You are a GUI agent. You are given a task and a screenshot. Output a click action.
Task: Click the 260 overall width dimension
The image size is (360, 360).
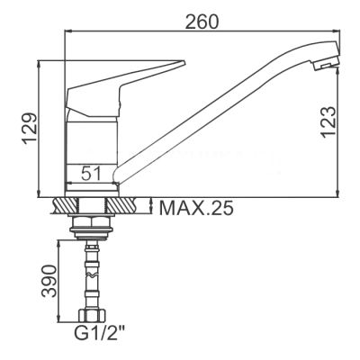coord(202,22)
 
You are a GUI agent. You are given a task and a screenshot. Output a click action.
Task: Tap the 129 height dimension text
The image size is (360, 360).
coord(31,129)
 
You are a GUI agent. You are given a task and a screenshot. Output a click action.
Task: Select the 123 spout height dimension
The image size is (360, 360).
coord(328,122)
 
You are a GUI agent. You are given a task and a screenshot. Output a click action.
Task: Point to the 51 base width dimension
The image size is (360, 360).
coord(91,173)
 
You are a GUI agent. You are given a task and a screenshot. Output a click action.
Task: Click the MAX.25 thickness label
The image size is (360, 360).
coord(196,208)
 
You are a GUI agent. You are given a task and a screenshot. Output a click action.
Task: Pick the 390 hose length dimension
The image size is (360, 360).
coord(49,281)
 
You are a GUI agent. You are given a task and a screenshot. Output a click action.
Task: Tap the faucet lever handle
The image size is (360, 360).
coord(120,88)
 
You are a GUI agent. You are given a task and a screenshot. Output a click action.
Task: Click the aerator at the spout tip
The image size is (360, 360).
coord(326,63)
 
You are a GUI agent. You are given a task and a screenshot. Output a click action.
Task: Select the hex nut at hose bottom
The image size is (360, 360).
coord(92,315)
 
